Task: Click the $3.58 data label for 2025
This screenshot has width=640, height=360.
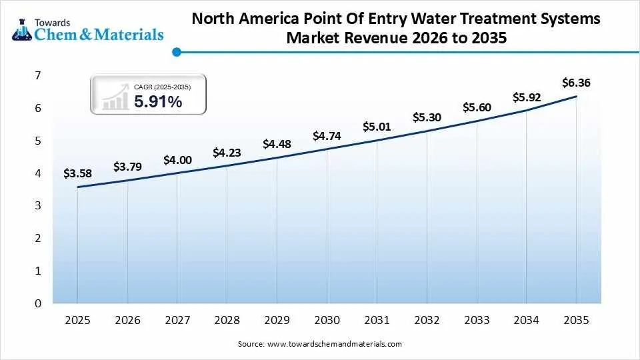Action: (77, 173)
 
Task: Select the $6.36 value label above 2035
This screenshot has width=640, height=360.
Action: (576, 83)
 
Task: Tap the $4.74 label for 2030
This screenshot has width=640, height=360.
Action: (327, 137)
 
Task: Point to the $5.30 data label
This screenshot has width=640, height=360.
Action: (427, 117)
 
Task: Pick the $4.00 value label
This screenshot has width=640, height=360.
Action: (177, 160)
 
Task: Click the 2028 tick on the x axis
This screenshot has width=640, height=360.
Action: (227, 321)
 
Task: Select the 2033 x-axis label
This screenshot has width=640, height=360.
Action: (477, 321)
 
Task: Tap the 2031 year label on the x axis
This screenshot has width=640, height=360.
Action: (377, 321)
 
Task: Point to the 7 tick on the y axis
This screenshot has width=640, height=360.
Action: (38, 76)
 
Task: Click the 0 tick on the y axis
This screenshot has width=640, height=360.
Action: (38, 303)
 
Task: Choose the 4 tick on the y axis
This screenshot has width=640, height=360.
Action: (38, 173)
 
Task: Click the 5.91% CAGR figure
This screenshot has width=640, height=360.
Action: (158, 102)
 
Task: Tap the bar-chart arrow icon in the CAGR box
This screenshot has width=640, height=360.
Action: (115, 97)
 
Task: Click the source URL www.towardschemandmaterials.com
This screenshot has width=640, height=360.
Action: (335, 344)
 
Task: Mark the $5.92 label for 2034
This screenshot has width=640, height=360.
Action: (527, 97)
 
